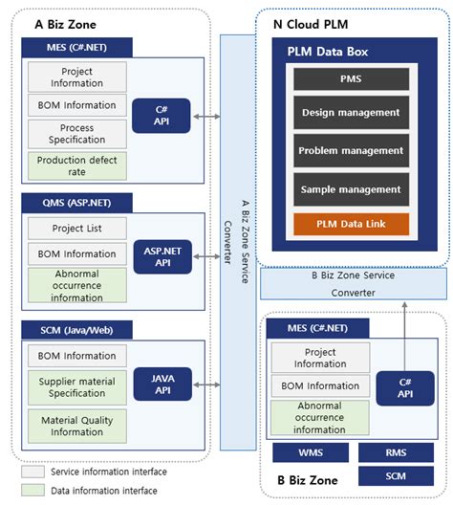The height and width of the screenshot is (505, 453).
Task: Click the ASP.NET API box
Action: (162, 255)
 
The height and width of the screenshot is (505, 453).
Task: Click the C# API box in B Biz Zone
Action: (406, 387)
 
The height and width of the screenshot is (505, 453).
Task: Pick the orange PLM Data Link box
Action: (351, 225)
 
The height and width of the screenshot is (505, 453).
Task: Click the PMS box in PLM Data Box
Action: (351, 78)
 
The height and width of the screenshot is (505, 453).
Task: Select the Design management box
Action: (351, 113)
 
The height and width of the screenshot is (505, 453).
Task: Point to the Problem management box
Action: (351, 151)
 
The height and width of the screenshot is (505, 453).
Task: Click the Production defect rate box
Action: (76, 165)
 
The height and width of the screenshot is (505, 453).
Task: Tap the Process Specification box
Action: (76, 133)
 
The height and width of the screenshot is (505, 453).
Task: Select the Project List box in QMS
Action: (76, 229)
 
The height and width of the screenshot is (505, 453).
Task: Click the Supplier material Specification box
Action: (76, 386)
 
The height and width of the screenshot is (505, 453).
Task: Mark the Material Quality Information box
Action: (76, 425)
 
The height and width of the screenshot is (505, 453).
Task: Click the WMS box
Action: (310, 452)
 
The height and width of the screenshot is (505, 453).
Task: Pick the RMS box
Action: (396, 452)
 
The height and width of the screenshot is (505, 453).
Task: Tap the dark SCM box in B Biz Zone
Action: (396, 475)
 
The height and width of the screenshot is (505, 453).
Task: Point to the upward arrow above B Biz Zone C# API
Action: (406, 331)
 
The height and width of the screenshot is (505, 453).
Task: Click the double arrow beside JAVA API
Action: (205, 385)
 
